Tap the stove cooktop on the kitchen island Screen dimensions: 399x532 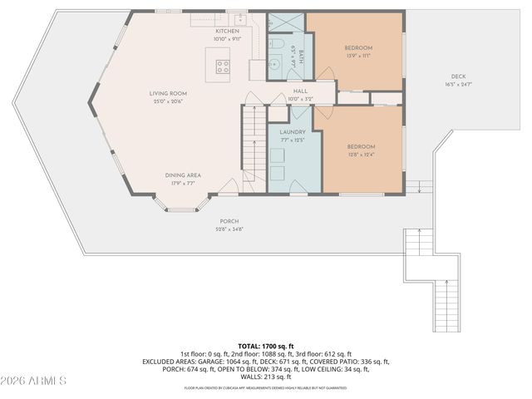coord(223,66)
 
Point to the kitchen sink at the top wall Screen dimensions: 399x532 coord(238,17)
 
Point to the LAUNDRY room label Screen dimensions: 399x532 coord(293,132)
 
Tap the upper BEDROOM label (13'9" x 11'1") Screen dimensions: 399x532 coord(358,48)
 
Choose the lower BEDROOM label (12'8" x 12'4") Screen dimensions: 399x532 coord(361,146)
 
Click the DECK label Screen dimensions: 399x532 coord(458,77)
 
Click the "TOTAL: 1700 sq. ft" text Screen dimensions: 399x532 coord(266,345)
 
